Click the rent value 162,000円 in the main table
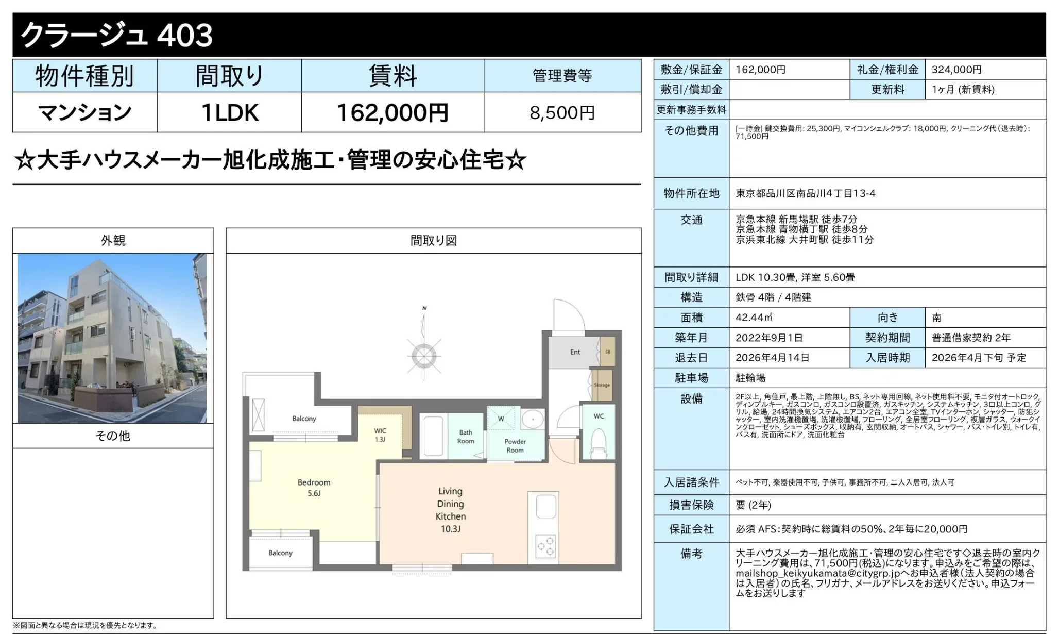click(x=392, y=112)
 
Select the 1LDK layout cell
click(x=229, y=112)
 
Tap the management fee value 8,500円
click(x=562, y=112)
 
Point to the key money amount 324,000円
click(x=956, y=70)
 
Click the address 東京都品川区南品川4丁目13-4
click(x=806, y=193)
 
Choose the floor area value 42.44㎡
click(x=754, y=318)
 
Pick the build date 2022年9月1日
click(x=769, y=338)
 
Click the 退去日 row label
click(x=691, y=358)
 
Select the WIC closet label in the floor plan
click(x=380, y=435)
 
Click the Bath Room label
click(x=466, y=437)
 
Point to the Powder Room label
click(x=515, y=446)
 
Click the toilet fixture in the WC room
click(x=598, y=444)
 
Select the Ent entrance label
click(x=575, y=352)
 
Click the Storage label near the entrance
click(x=602, y=385)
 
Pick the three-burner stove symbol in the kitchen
click(x=545, y=547)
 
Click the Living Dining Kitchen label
click(x=451, y=510)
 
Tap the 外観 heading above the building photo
click(x=113, y=241)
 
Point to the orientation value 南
click(x=936, y=318)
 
